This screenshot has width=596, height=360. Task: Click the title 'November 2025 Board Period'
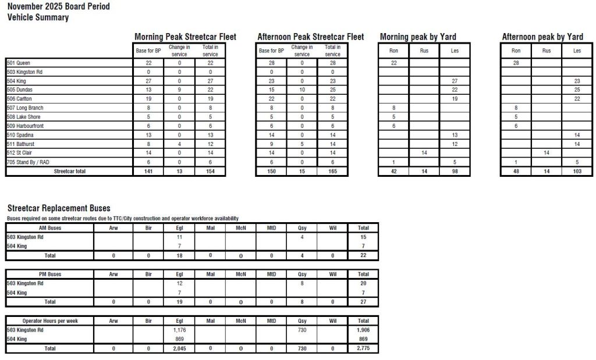point(58,6)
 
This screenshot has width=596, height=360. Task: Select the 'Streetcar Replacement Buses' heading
point(59,208)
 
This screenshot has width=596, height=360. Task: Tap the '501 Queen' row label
point(19,63)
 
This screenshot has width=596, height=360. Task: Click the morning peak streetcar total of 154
point(210,172)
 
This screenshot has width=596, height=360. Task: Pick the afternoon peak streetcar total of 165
point(332,172)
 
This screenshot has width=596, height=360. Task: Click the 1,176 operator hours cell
point(179,330)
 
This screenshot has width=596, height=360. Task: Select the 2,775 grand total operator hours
point(363,348)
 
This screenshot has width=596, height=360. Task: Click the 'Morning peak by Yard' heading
point(418,37)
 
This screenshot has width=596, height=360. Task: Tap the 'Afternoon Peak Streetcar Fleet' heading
point(310,37)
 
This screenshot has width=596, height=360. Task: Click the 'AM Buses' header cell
point(50,228)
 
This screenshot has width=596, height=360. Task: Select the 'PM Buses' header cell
point(50,274)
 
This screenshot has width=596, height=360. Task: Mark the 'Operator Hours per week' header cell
point(50,321)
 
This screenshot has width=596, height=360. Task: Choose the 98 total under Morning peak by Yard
point(455,172)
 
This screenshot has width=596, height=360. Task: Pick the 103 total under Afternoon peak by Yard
point(577,172)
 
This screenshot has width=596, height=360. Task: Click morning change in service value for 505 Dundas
point(179,90)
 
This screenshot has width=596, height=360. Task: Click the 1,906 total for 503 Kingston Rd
point(363,330)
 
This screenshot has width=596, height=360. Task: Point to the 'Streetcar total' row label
point(69,172)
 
